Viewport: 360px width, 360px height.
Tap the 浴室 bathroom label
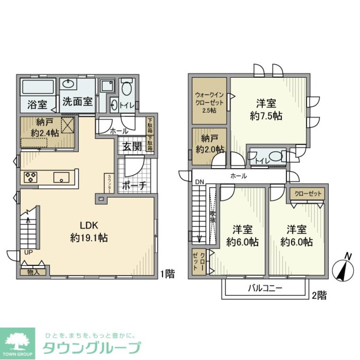[x=37, y=105]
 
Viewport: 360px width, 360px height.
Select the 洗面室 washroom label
[x=78, y=101]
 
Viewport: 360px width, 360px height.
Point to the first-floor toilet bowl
[x=126, y=87]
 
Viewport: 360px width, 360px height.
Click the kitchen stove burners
[x=31, y=177]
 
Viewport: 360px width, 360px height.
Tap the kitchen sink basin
[x=62, y=177]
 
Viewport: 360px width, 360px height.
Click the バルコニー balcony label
[x=265, y=288]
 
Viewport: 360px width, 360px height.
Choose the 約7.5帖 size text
[x=266, y=116]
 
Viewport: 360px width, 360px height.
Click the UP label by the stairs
[x=28, y=252]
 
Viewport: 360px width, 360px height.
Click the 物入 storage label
[x=33, y=272]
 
